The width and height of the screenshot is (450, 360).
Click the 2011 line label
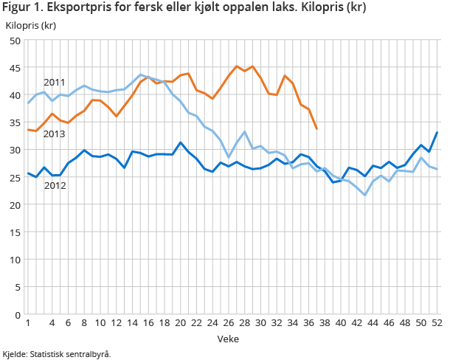tap(54, 82)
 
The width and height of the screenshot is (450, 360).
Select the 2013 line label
tap(54, 134)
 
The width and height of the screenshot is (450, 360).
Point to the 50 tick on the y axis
tap(14, 40)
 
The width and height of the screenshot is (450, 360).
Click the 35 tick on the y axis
tap(14, 122)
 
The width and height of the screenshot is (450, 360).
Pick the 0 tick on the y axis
tap(17, 314)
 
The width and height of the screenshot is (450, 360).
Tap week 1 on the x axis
tap(28, 324)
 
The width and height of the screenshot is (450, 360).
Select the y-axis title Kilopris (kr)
tap(31, 25)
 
